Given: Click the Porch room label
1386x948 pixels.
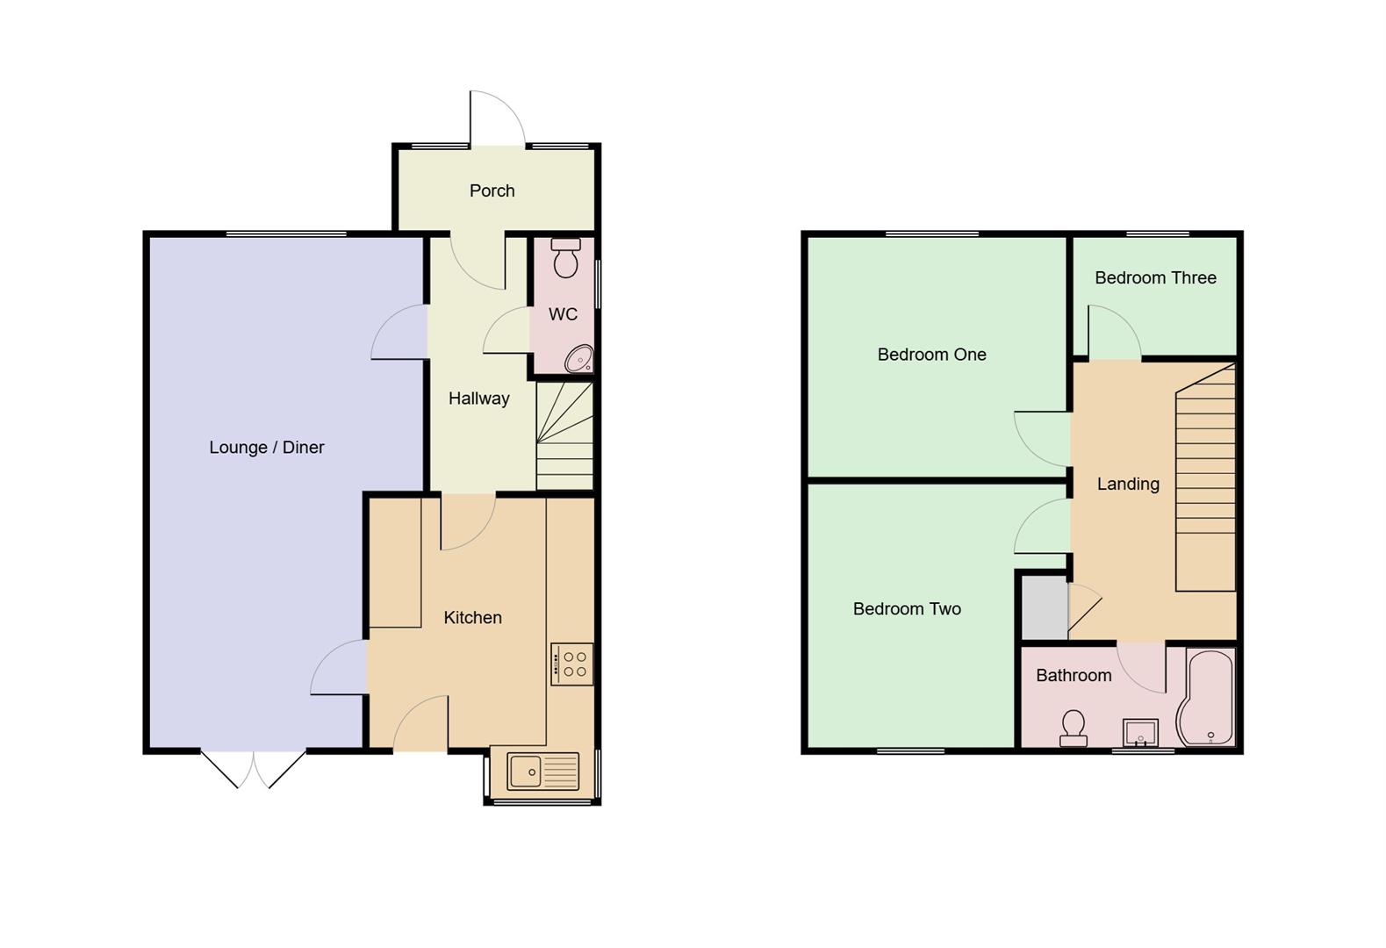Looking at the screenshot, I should pos(492,190).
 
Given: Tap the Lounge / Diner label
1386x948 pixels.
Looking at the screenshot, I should pos(266,448).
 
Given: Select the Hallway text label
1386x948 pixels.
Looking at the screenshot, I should pos(478,399).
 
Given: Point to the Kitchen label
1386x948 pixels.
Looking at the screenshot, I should pos(472,618).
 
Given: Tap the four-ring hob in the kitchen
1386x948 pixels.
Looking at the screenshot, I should pos(572,664).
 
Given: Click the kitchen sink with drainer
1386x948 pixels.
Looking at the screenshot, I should pos(542,772).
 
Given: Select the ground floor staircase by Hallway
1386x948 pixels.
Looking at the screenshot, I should pos(564,436).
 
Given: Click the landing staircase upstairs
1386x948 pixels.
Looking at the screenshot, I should pos(1205,478).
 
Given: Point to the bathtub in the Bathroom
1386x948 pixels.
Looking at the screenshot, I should pos(1207,698).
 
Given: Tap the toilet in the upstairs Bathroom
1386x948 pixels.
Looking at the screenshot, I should pos(1073,729).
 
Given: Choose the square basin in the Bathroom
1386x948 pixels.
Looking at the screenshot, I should pos(1140,732).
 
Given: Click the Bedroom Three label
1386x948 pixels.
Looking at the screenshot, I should pos(1155,278).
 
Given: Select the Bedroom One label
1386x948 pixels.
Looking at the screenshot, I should pos(931,355).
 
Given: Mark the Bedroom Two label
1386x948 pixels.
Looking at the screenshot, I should pos(907,609).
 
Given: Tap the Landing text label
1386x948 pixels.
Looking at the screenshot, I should pos(1128,484).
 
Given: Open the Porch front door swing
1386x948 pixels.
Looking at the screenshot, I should pos(496,118).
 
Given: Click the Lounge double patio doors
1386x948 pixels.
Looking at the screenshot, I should pos(254,768).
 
